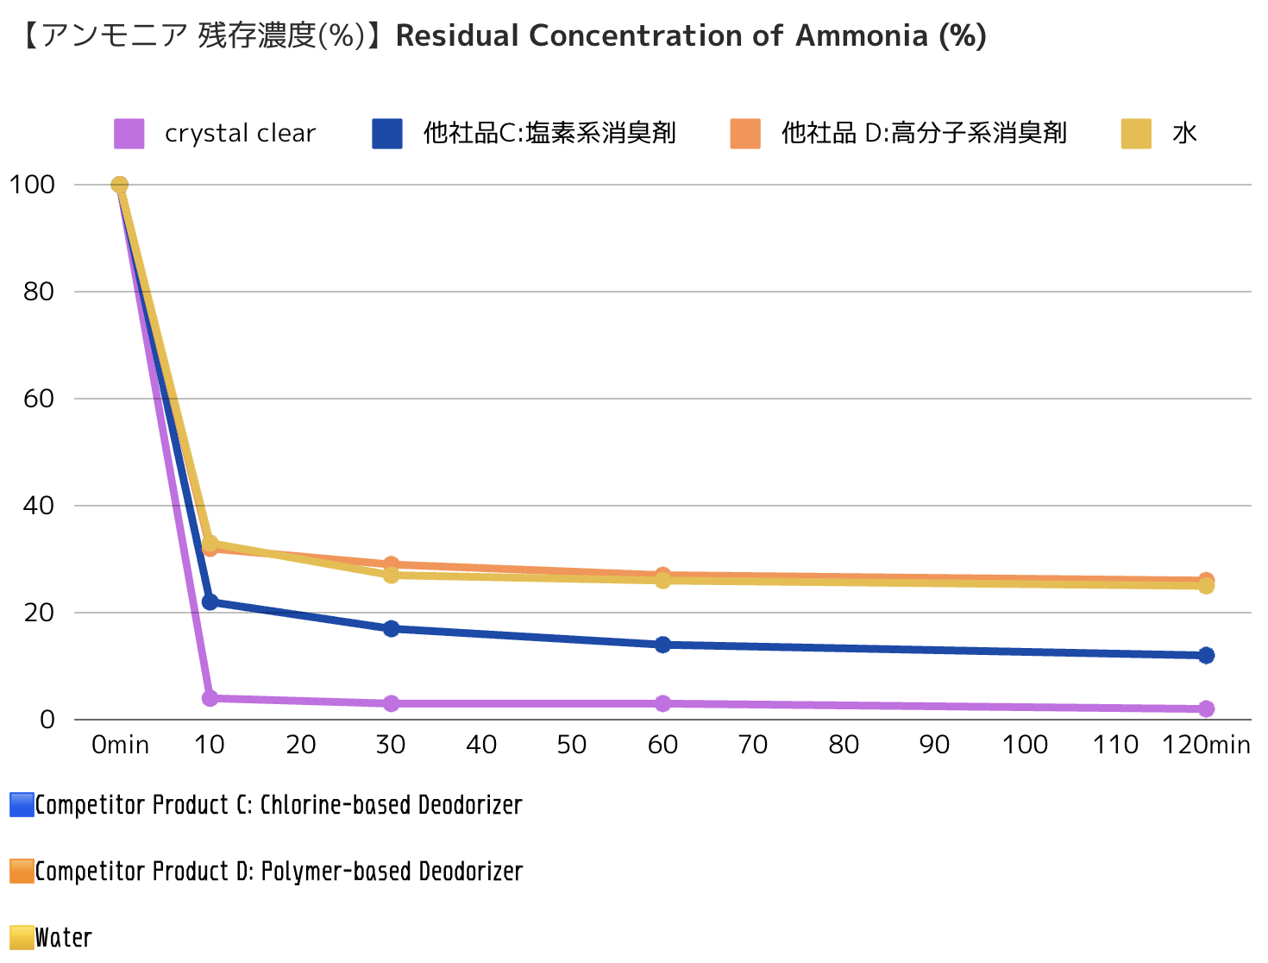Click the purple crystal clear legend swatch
pos(129,134)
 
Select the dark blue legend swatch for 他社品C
pos(387,134)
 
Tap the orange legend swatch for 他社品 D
pos(745,134)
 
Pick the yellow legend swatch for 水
pos(1136,134)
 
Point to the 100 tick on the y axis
pos(32,185)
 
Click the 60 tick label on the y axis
pos(39,399)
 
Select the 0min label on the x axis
pos(120,745)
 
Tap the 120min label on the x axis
pos(1206,745)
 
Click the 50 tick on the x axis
pos(572,745)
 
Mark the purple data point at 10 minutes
pos(210,698)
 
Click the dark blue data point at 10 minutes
pos(210,601)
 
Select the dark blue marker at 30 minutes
pos(391,628)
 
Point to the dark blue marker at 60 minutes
pos(662,645)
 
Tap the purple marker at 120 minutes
pos(1206,708)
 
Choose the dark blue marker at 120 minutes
pos(1206,655)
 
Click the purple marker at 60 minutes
pos(662,703)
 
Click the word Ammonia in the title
pos(861,36)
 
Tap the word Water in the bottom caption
pos(63,938)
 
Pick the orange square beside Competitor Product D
pos(22,872)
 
